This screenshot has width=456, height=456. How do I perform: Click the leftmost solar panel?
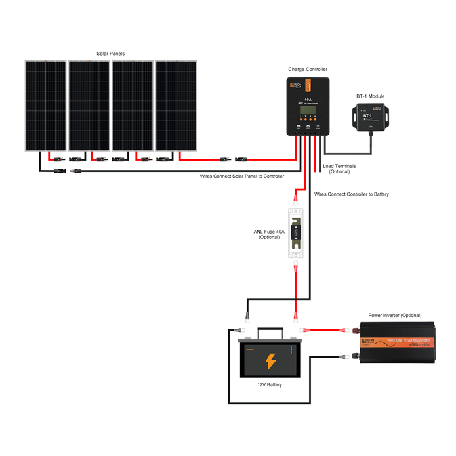(45, 106)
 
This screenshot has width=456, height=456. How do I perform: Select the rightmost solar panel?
(175, 106)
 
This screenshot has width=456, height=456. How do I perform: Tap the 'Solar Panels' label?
(110, 54)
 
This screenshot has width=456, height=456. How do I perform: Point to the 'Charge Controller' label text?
(308, 69)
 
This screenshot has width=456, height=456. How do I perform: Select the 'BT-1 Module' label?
(371, 96)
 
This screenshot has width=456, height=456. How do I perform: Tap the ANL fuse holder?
(296, 233)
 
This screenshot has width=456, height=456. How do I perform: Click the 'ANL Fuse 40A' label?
(269, 234)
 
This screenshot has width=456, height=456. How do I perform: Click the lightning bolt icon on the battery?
(270, 360)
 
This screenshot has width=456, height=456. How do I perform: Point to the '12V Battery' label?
(270, 385)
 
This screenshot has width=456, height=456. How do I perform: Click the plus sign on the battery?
(291, 350)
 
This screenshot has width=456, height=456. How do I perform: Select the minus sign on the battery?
(249, 350)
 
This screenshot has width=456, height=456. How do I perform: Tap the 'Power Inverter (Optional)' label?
(395, 316)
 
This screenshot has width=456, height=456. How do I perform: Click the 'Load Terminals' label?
(339, 169)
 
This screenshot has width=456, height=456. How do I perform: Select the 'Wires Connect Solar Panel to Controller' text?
(242, 176)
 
